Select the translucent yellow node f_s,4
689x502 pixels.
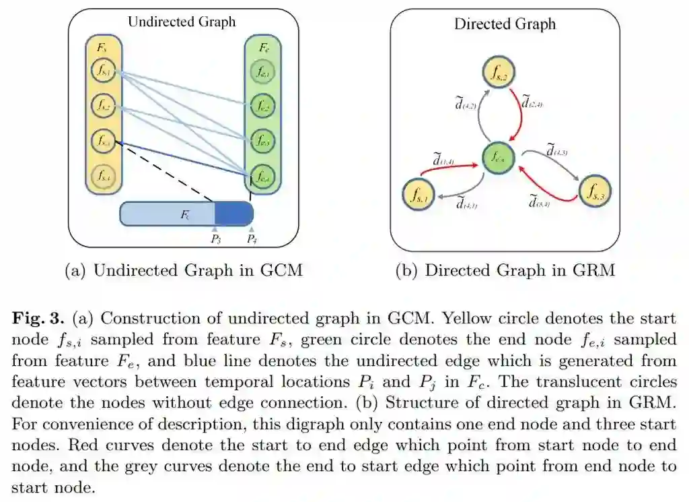coord(104,176)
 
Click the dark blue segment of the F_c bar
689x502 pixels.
coord(233,214)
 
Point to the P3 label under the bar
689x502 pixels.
coord(215,239)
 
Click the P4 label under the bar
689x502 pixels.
coord(252,239)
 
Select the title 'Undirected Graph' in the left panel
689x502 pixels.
coord(182,22)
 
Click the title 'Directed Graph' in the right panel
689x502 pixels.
coord(505,24)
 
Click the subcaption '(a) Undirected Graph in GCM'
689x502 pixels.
coord(183,271)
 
